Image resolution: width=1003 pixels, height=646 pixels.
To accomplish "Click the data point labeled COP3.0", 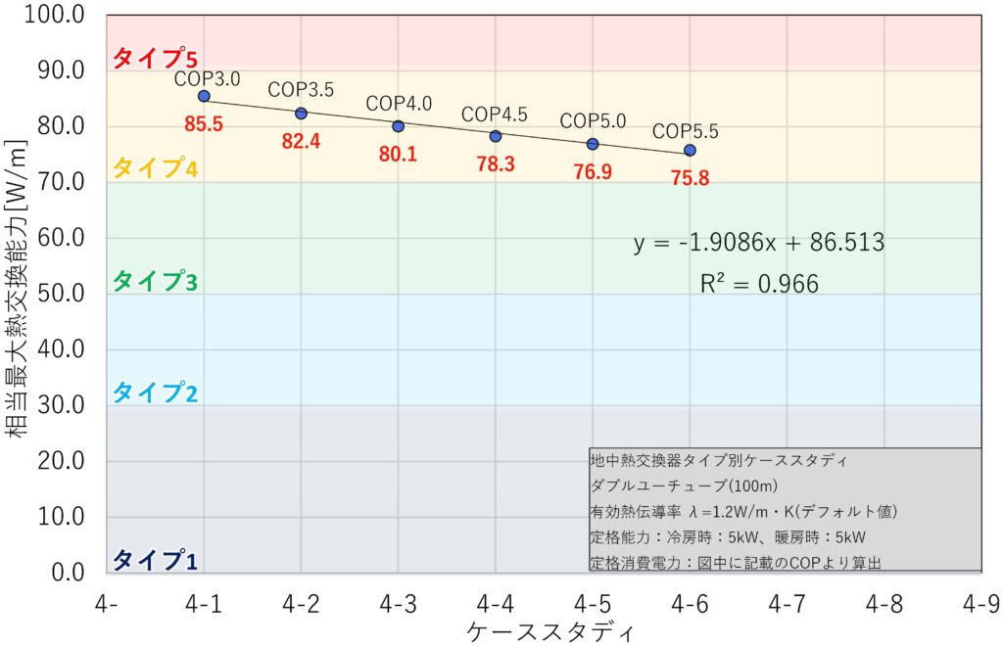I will click(204, 96).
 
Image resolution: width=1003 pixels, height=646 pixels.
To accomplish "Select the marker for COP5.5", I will click(690, 150).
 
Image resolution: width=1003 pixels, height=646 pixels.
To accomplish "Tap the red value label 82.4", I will click(301, 142).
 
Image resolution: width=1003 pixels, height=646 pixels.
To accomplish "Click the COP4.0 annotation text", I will click(399, 103).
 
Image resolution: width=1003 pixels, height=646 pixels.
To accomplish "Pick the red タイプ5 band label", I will click(156, 58).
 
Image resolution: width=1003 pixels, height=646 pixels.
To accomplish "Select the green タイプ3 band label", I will click(156, 282).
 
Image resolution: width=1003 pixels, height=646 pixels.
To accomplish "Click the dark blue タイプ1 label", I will click(156, 560).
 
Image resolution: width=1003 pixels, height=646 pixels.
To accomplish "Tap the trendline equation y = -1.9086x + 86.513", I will click(759, 243).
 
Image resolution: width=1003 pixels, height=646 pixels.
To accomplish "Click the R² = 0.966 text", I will click(759, 284).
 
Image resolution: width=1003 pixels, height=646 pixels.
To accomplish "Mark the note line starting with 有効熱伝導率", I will click(743, 512).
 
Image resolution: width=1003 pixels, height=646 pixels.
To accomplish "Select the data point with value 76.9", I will click(593, 144).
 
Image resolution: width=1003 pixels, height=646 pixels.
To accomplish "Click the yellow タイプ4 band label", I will click(156, 168).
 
